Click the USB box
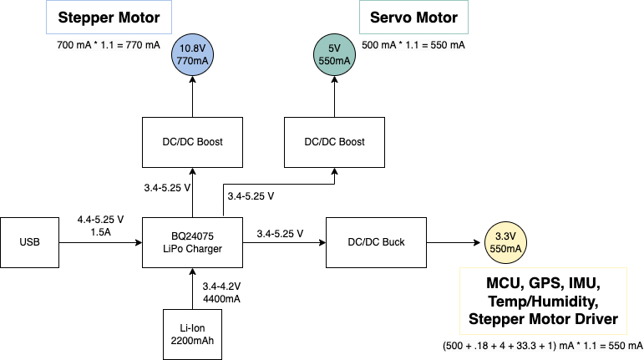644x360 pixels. (x=29, y=242)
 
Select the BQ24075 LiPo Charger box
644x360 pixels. (x=192, y=242)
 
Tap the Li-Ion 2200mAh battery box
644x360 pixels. (x=192, y=334)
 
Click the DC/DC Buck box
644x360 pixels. (x=376, y=242)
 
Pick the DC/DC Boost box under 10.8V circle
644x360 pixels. (x=192, y=142)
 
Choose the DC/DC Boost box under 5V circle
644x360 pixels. (x=334, y=142)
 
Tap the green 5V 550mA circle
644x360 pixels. (x=334, y=55)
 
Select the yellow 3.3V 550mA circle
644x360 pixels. (x=505, y=242)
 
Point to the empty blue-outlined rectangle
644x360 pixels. (x=109, y=17)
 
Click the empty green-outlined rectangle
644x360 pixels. (x=413, y=17)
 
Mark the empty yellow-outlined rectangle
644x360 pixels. (x=543, y=301)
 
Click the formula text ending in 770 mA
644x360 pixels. (x=108, y=44)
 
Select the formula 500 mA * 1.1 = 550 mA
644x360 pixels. (x=413, y=44)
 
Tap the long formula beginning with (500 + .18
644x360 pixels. (x=542, y=345)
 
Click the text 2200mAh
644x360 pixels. (x=192, y=341)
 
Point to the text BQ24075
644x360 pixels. (x=192, y=236)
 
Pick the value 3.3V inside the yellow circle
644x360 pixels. (x=505, y=236)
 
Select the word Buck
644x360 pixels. (x=392, y=242)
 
